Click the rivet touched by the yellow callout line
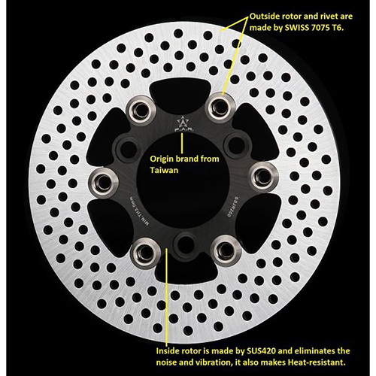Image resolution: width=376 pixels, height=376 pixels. pyautogui.click(x=219, y=105)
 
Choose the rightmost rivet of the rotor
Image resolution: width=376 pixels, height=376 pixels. pyautogui.click(x=260, y=177)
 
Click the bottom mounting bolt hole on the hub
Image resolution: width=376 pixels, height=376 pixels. pyautogui.click(x=180, y=244)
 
